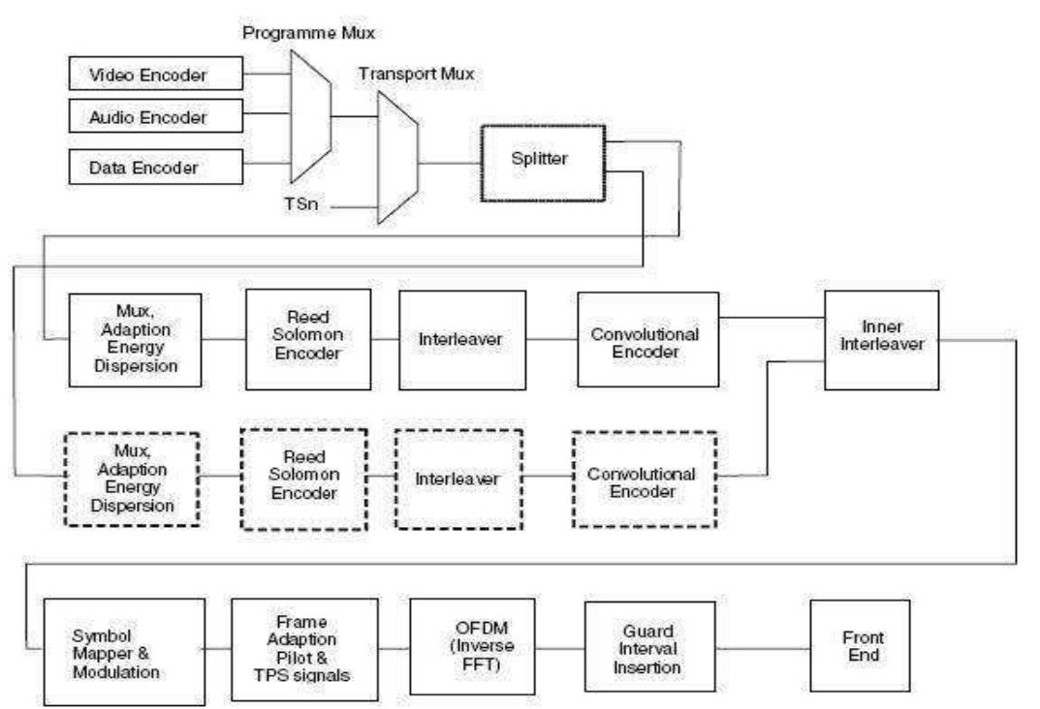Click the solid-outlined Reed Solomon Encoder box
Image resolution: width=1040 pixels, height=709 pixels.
[x=303, y=337]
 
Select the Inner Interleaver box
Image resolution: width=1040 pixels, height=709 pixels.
[x=881, y=339]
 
